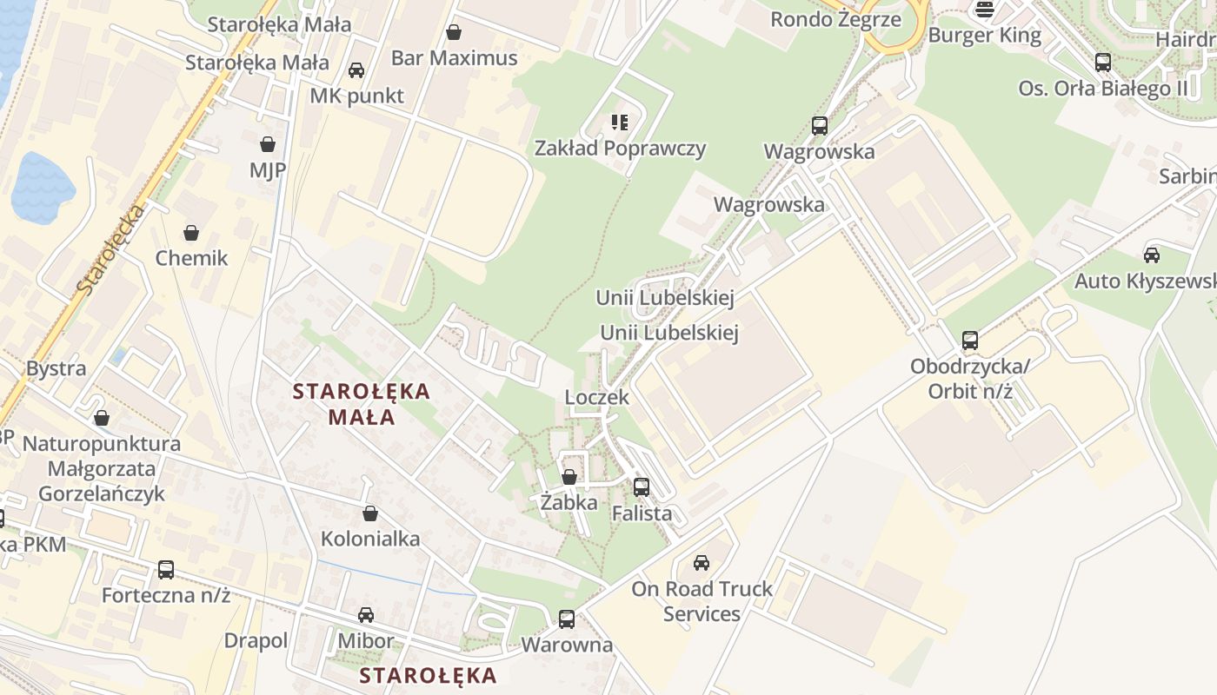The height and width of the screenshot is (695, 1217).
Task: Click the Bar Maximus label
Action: click(x=454, y=58)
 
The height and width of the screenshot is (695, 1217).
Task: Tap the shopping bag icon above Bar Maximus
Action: click(x=453, y=33)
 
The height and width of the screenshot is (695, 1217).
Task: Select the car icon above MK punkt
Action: click(x=356, y=70)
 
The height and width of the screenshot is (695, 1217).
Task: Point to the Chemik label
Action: click(x=191, y=258)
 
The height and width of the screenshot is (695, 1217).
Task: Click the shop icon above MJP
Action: click(x=268, y=144)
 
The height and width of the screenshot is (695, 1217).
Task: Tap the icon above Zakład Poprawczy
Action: click(x=619, y=122)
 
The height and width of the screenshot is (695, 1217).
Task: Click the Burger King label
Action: click(x=984, y=36)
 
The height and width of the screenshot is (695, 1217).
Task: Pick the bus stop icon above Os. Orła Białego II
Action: click(x=1102, y=63)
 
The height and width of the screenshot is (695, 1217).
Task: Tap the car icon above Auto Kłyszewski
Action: click(x=1152, y=255)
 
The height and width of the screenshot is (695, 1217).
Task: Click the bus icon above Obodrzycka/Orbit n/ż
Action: click(x=970, y=341)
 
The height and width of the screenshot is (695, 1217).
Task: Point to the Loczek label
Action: click(x=596, y=397)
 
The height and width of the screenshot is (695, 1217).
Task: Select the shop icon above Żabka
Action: click(x=569, y=477)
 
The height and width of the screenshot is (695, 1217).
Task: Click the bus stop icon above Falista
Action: click(x=642, y=487)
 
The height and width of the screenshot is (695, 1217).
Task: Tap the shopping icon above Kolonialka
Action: click(x=370, y=513)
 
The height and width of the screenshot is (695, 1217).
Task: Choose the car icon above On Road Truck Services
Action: click(x=702, y=563)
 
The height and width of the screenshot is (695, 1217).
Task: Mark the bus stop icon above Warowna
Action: click(x=567, y=619)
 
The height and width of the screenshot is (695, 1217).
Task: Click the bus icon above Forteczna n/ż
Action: click(x=166, y=570)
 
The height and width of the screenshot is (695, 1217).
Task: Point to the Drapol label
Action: click(x=256, y=641)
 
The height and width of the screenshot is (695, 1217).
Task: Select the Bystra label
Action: click(x=57, y=368)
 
